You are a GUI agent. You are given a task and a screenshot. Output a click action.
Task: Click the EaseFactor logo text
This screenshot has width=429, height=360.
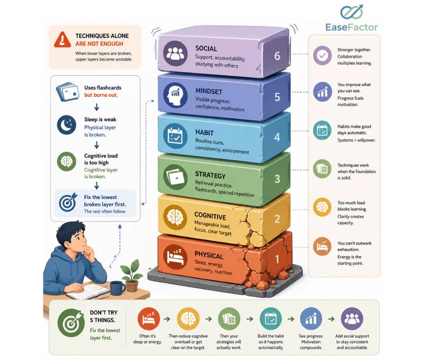351,27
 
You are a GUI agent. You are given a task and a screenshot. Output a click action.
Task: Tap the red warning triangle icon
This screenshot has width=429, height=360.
62,40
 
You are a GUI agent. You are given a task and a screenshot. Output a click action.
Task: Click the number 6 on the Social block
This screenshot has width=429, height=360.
277,56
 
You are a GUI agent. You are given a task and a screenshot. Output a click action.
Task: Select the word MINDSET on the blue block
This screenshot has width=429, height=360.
209,91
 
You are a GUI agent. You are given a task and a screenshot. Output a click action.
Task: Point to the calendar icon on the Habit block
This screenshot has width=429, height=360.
175,135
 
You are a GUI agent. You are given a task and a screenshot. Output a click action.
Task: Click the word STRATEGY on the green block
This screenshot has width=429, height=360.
210,175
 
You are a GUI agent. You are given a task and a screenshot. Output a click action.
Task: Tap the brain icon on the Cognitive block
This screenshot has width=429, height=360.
175,217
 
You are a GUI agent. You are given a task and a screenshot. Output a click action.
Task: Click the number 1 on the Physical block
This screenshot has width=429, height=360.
277,259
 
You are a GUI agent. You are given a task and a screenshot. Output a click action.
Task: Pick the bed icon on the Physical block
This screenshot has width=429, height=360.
175,256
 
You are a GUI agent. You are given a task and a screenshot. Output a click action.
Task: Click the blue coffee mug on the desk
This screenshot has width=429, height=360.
117,288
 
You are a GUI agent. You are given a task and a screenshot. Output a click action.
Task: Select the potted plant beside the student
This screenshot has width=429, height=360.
131,275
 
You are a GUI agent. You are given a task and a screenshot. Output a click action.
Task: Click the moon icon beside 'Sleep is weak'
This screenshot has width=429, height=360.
66,125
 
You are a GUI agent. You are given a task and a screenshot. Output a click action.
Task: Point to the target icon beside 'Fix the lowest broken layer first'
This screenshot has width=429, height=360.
68,203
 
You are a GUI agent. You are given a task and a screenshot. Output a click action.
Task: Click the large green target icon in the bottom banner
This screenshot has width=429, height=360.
71,323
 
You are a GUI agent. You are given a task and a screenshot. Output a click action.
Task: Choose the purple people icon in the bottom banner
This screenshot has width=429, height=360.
352,318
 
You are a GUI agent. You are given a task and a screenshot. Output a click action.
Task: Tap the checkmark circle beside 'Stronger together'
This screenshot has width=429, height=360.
322,56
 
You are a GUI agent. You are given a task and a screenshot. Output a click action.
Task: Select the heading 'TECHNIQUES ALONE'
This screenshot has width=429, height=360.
102,35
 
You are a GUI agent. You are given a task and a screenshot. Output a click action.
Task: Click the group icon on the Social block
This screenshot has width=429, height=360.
175,54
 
